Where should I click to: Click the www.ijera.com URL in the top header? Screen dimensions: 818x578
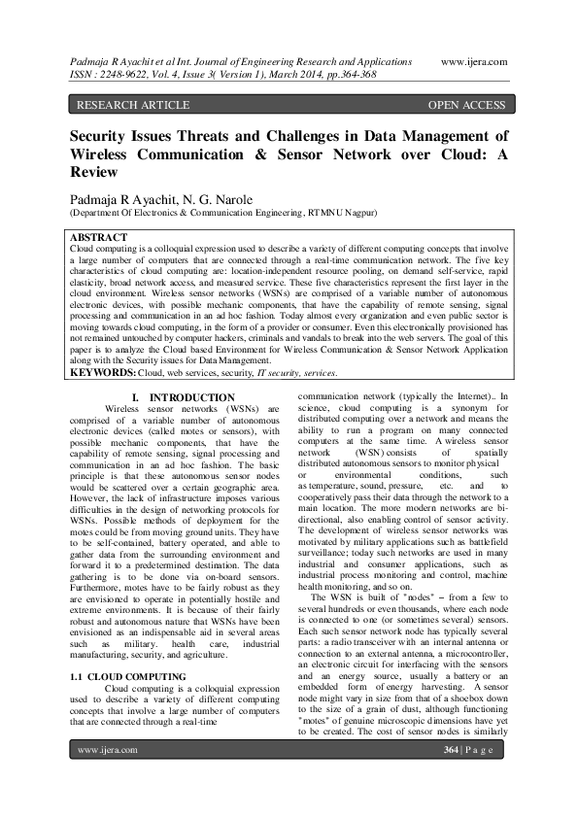coord(474,60)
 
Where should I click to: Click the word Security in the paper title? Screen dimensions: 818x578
coord(103,137)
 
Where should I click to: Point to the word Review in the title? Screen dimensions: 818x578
coord(93,172)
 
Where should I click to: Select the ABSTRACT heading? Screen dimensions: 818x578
coord(99,237)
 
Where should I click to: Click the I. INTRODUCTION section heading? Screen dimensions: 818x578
coord(183,397)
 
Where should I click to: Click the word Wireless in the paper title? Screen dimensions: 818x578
coord(105,154)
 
